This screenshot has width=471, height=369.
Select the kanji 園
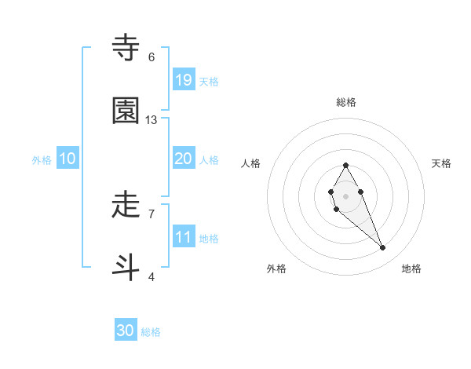point(126,111)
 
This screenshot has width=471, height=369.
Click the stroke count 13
point(152,120)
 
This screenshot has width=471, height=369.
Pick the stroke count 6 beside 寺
point(152,57)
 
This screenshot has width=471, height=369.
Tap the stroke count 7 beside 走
point(152,214)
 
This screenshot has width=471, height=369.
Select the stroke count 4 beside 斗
point(152,276)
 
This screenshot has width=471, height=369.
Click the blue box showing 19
point(183,79)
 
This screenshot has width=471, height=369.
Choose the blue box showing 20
point(183,159)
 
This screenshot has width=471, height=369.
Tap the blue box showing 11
point(183,236)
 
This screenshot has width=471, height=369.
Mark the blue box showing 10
point(68,159)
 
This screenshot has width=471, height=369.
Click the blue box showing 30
point(126,331)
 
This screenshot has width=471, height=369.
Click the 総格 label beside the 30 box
point(151,332)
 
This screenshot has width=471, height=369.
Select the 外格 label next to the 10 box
point(42,160)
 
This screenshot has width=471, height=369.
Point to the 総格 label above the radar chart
point(346,102)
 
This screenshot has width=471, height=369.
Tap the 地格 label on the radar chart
point(411,269)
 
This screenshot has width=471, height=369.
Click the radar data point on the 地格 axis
point(383,248)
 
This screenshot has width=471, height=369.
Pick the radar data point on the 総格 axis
point(345,165)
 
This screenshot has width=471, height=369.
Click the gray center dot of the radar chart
point(345,195)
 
